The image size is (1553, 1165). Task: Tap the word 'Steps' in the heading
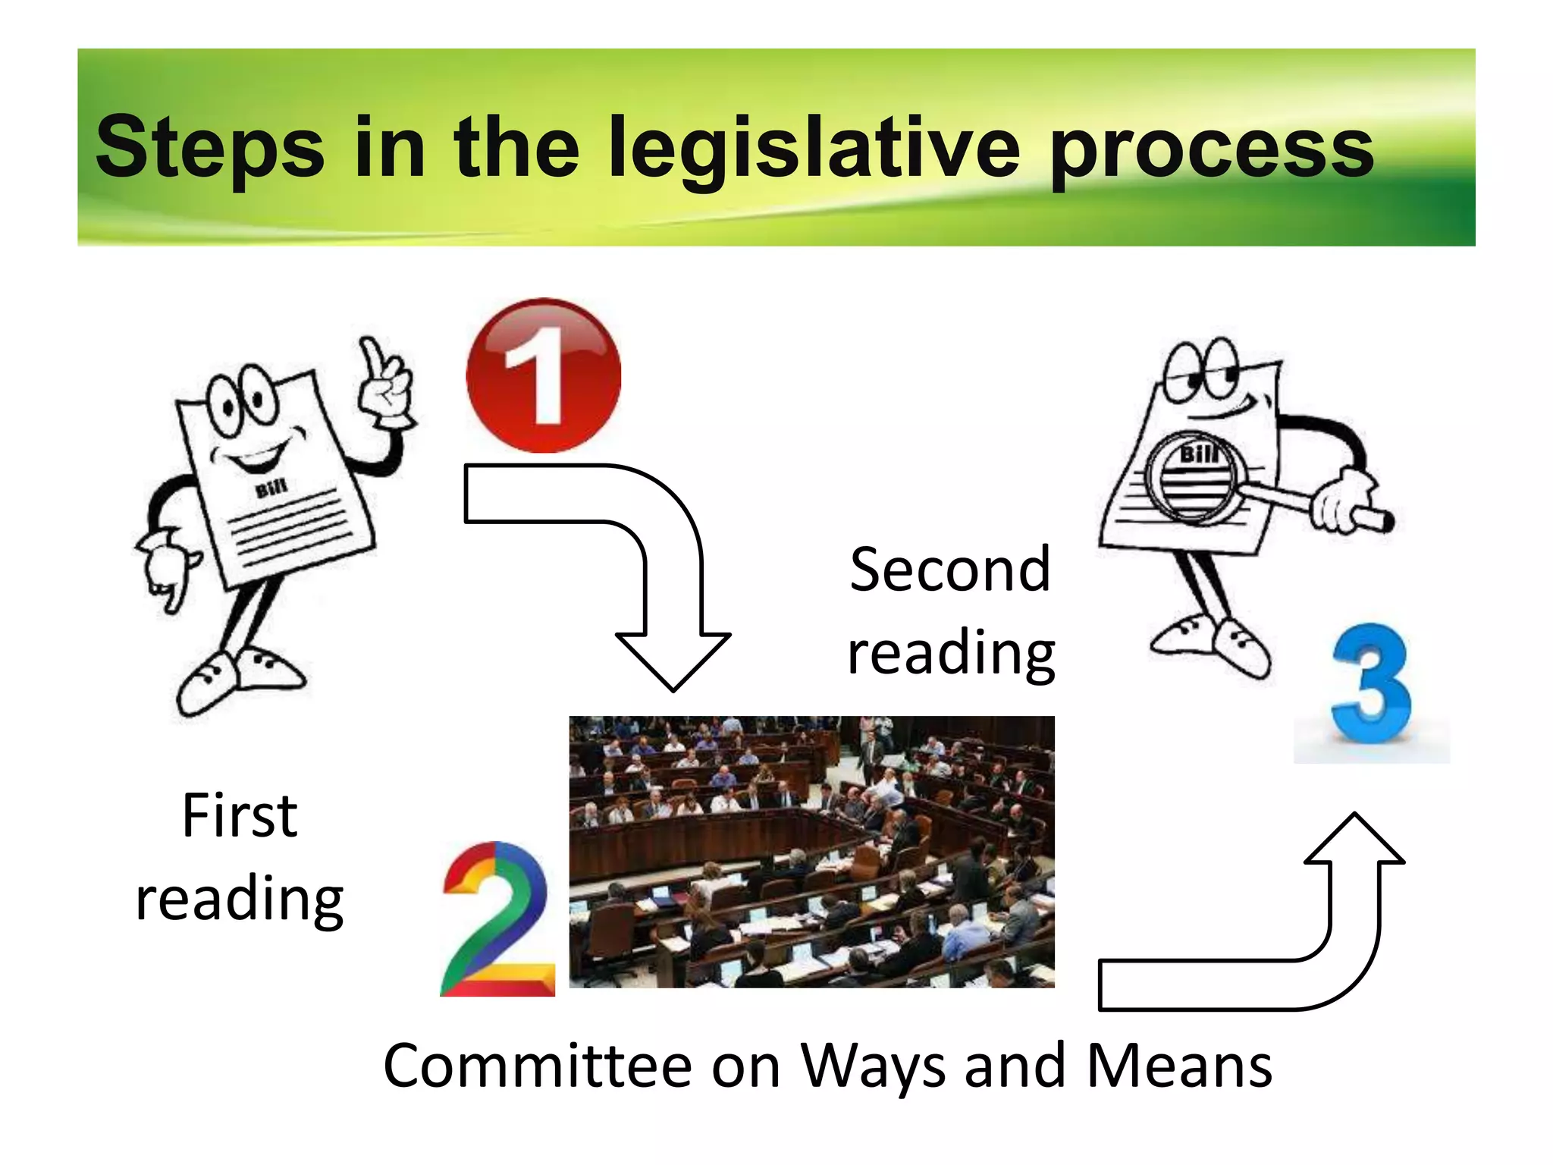tap(210, 148)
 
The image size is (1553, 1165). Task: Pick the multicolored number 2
tap(497, 919)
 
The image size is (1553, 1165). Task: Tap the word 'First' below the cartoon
tap(240, 816)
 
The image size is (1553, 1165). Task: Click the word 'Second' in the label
tap(950, 570)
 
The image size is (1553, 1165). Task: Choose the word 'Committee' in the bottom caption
tap(538, 1066)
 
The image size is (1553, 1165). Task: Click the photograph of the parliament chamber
tap(811, 851)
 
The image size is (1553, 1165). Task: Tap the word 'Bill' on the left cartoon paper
tap(271, 488)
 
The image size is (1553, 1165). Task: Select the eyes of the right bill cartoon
tap(1201, 369)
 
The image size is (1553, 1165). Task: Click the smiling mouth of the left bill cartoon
tap(256, 455)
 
